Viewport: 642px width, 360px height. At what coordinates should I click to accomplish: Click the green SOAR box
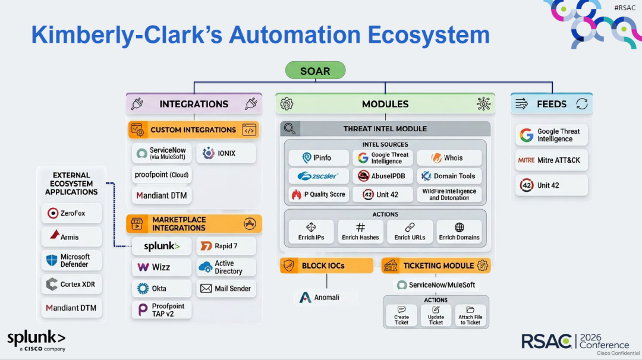coord(315,70)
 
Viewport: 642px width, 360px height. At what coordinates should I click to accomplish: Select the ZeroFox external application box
coord(72,213)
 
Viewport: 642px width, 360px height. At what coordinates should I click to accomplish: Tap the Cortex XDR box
coord(72,285)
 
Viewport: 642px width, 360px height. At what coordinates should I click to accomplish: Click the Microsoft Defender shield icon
coord(52,260)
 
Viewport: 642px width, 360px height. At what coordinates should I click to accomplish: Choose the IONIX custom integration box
coord(226,153)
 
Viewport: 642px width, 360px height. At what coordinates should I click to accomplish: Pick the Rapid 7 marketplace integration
coord(226,246)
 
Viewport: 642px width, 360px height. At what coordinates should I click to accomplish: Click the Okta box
coord(162,288)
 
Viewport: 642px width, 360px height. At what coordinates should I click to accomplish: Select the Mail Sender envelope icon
coord(206,288)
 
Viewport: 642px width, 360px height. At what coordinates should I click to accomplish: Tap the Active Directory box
coord(226,267)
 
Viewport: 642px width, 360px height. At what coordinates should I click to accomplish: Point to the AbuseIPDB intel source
coord(383,176)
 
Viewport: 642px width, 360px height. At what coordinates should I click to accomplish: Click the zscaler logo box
coord(319,176)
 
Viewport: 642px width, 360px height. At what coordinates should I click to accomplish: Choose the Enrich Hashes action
coord(360,232)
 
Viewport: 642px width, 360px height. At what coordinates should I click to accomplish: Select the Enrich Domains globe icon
coord(460,227)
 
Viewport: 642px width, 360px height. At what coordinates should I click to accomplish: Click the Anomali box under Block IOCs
coord(326,298)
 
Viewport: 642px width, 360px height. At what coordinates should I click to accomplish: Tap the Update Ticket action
coord(436,315)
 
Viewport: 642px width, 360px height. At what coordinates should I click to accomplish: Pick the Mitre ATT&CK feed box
coord(552,160)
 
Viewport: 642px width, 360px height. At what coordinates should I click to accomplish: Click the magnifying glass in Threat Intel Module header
coord(290,129)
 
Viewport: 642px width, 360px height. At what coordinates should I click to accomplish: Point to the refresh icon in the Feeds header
coord(582,104)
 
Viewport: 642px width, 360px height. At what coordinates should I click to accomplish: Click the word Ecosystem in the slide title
coord(429,35)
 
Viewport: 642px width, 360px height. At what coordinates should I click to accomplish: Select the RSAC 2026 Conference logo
coord(575,341)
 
